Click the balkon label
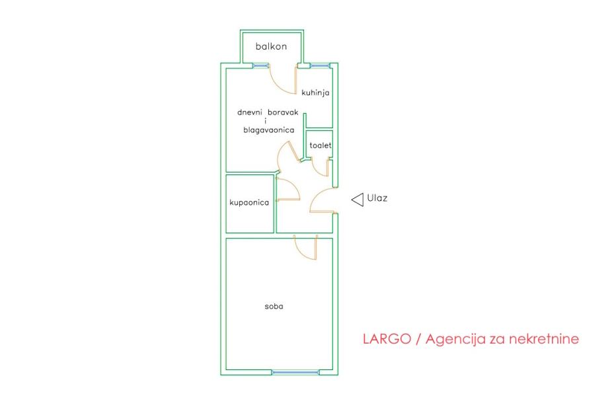[x=271, y=46]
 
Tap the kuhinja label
[x=315, y=92]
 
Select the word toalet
[x=321, y=145]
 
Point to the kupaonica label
[x=249, y=202]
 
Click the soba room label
[x=274, y=307]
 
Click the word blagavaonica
[x=269, y=130]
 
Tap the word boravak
[x=283, y=112]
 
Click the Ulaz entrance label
[x=377, y=198]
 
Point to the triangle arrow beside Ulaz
[x=358, y=200]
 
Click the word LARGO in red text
[x=387, y=339]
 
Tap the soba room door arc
[x=301, y=253]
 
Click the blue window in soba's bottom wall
[x=295, y=373]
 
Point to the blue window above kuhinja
[x=321, y=66]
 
